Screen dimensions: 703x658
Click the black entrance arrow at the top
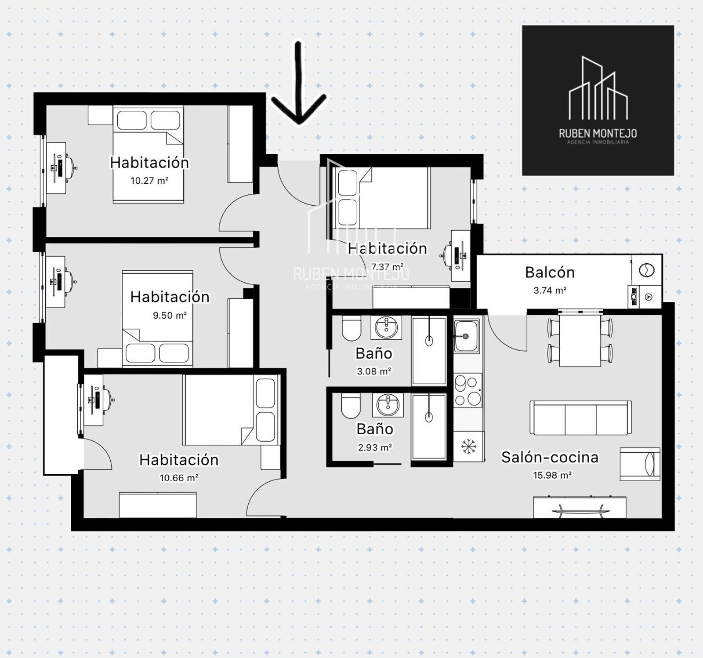point(299,84)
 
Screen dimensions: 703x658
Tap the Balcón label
point(550,273)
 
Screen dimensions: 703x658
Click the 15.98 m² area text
point(552,475)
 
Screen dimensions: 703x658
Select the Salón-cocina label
point(550,457)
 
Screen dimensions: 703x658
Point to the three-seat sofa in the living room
point(580,418)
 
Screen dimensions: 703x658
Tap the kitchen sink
point(467,336)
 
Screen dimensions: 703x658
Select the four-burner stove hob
point(468,390)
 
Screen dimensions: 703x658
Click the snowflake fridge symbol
point(469,447)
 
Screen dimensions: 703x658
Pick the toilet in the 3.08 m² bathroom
point(351,329)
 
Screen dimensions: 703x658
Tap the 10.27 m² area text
point(149,180)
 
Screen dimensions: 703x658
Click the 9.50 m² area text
point(170,315)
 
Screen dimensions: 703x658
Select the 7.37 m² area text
point(387,267)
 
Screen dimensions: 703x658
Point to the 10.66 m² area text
point(179,478)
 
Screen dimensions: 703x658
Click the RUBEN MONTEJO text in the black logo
point(598,133)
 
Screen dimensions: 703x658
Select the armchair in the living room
point(640,464)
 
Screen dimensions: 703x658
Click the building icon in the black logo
point(598,88)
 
